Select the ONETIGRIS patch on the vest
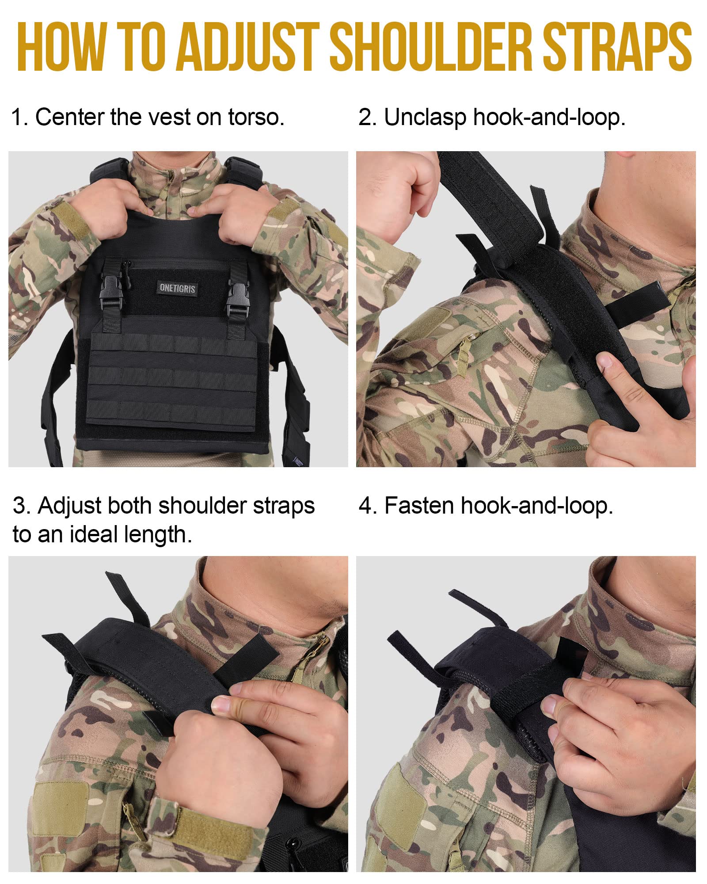click(x=177, y=288)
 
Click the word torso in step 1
click(x=256, y=118)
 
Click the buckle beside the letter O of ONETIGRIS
click(x=112, y=291)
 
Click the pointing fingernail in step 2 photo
click(x=604, y=361)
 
